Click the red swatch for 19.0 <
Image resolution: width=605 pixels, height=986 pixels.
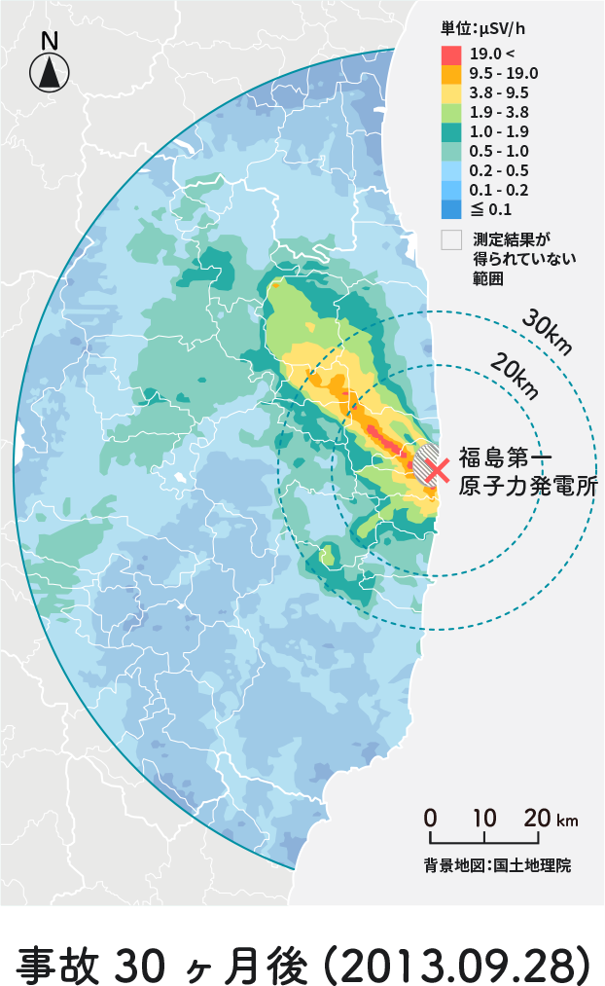point(450,54)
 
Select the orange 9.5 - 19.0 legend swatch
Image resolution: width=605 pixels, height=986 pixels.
point(450,73)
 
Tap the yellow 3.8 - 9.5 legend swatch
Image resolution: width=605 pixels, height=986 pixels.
point(450,92)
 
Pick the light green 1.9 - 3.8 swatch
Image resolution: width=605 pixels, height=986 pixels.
point(450,112)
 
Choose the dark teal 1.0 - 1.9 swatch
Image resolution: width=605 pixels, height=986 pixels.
point(450,131)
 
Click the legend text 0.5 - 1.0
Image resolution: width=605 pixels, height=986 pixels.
point(499,151)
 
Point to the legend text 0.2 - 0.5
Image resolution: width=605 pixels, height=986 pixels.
point(499,170)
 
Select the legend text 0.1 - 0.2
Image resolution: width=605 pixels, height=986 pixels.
point(499,190)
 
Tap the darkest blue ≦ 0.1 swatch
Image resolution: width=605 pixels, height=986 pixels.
point(450,208)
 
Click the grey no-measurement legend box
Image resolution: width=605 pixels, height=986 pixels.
point(450,240)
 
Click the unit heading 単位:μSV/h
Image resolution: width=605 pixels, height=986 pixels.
point(487,29)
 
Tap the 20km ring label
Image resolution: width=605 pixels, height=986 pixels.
point(515,377)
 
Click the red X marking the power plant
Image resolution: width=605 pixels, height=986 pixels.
point(436,470)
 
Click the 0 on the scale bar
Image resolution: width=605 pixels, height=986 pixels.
point(430,818)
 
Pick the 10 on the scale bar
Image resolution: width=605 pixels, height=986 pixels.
point(483,818)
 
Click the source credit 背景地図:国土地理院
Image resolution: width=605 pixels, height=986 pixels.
point(497,863)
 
